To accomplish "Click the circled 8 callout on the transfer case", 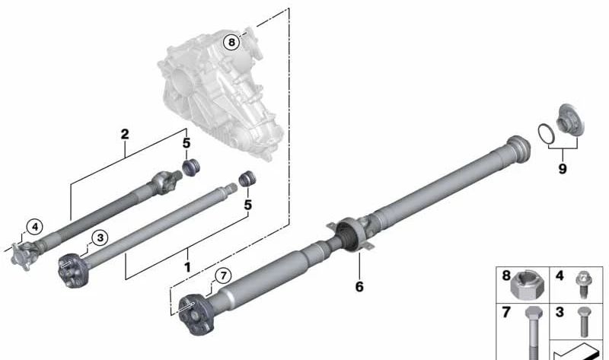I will coord(231,43).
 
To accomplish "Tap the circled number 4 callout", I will coord(33,225).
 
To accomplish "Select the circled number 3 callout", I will coord(99,239).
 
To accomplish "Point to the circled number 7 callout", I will coord(222,276).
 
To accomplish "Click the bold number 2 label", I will coord(125,135).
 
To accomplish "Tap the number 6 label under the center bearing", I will coord(359,286).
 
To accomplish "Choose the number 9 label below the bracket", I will coord(562,169).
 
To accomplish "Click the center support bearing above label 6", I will coord(349,232).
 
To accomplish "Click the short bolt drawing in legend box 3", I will coord(582,323).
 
